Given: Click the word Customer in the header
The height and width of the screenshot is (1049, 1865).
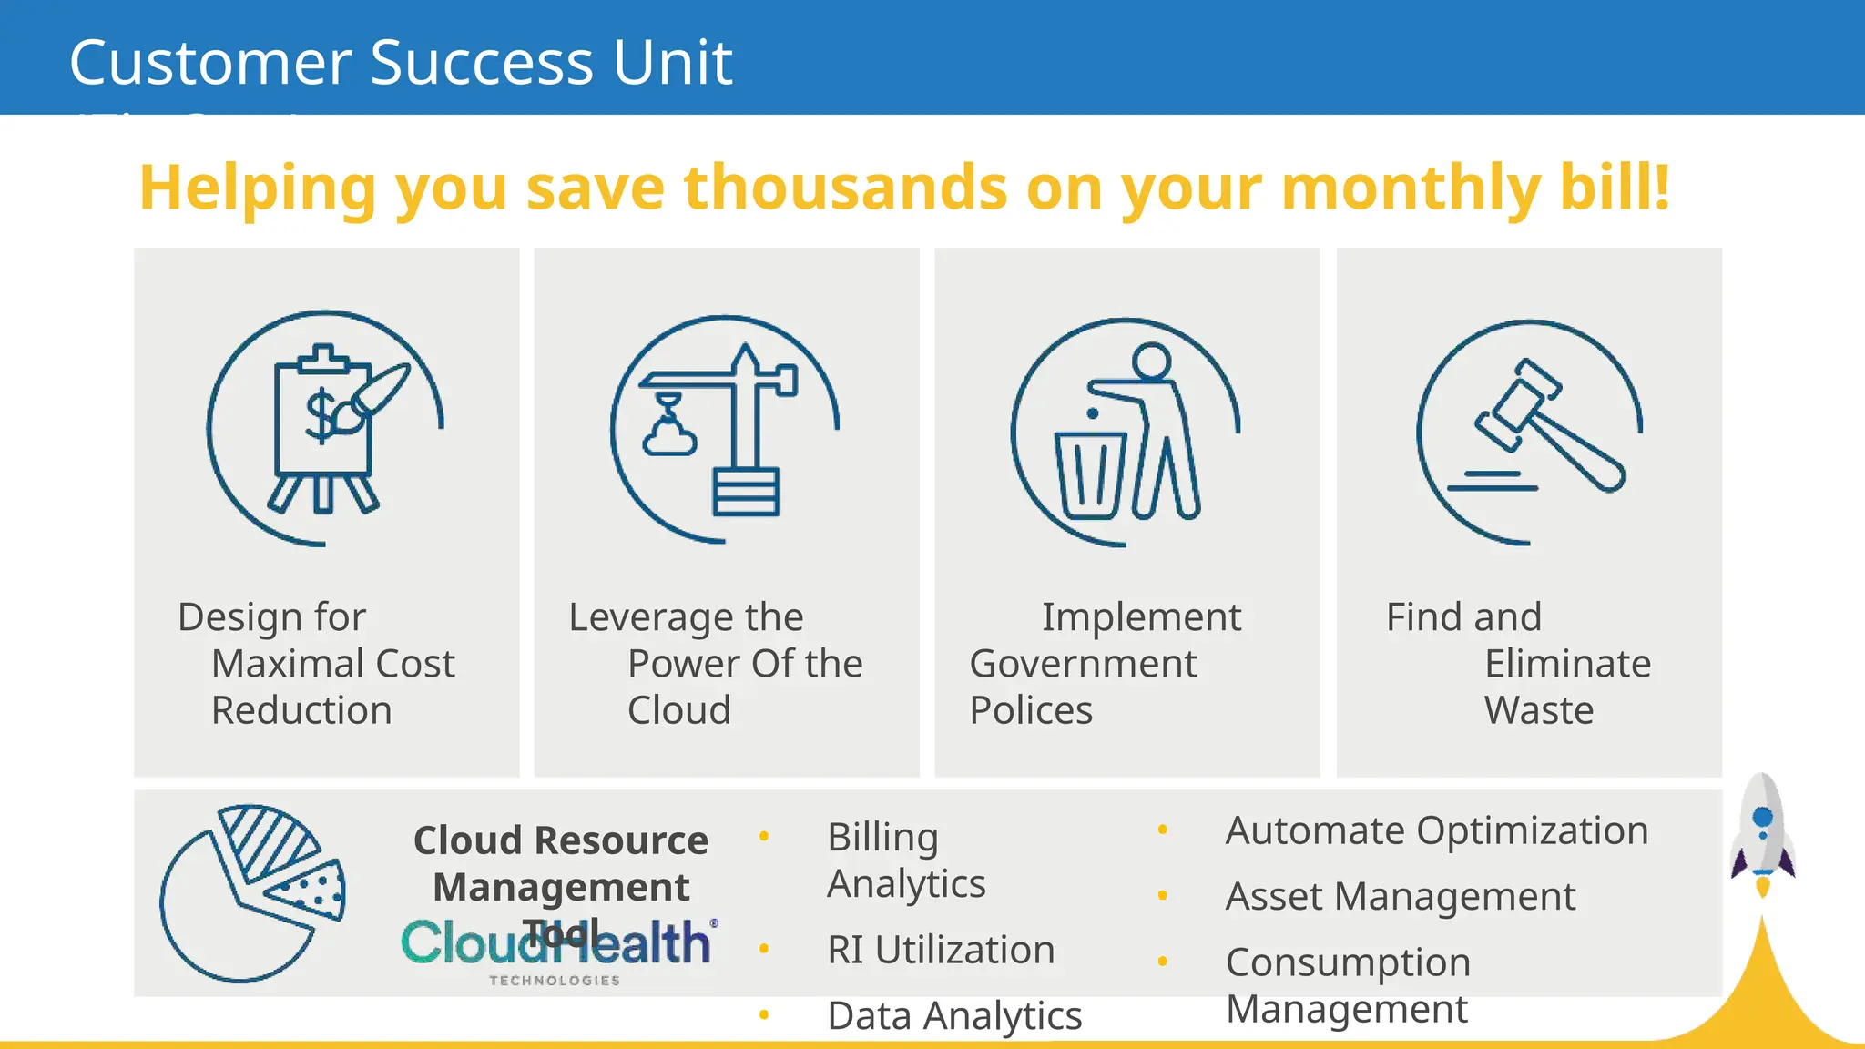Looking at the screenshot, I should coord(210,63).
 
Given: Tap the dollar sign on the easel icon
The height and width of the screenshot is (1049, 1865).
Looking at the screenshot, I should coord(321,415).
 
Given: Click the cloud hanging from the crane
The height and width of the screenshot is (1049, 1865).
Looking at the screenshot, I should coord(669,440).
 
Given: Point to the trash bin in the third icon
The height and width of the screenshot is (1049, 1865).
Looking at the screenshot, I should coord(1090,474).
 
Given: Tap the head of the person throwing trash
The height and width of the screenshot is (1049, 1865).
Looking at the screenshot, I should coord(1153,361).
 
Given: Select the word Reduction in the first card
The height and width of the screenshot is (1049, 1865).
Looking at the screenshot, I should coord(301,710).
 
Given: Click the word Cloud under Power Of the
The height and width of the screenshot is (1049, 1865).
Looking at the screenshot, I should coord(678,710).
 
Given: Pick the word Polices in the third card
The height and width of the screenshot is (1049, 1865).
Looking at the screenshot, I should coord(1031,710).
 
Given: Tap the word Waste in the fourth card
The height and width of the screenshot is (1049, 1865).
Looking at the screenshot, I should coord(1538,710).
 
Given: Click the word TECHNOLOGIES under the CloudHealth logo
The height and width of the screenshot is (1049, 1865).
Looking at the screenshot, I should coord(555,981).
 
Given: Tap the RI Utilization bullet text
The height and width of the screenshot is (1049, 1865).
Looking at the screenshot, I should coord(941,950).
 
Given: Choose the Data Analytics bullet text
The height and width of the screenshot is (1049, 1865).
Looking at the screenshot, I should coord(954,1015).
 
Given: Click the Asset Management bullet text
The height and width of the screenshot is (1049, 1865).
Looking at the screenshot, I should coord(1400,897).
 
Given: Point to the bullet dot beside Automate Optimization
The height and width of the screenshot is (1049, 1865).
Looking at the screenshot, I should coord(1163,830).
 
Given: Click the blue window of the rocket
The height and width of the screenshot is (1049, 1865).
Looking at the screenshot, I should coord(1762,817).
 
